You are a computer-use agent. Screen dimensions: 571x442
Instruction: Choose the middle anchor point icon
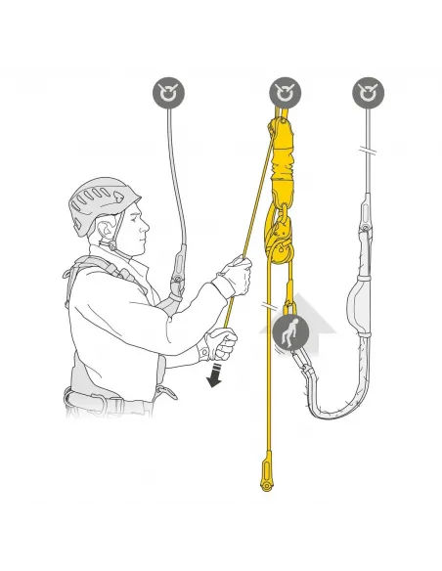click(x=285, y=94)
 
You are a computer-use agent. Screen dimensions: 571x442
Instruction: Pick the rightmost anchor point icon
click(x=367, y=94)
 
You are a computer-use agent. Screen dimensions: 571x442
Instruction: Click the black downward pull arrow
click(x=213, y=376)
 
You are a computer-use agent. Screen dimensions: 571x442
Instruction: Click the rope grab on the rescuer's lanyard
click(x=177, y=273)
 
